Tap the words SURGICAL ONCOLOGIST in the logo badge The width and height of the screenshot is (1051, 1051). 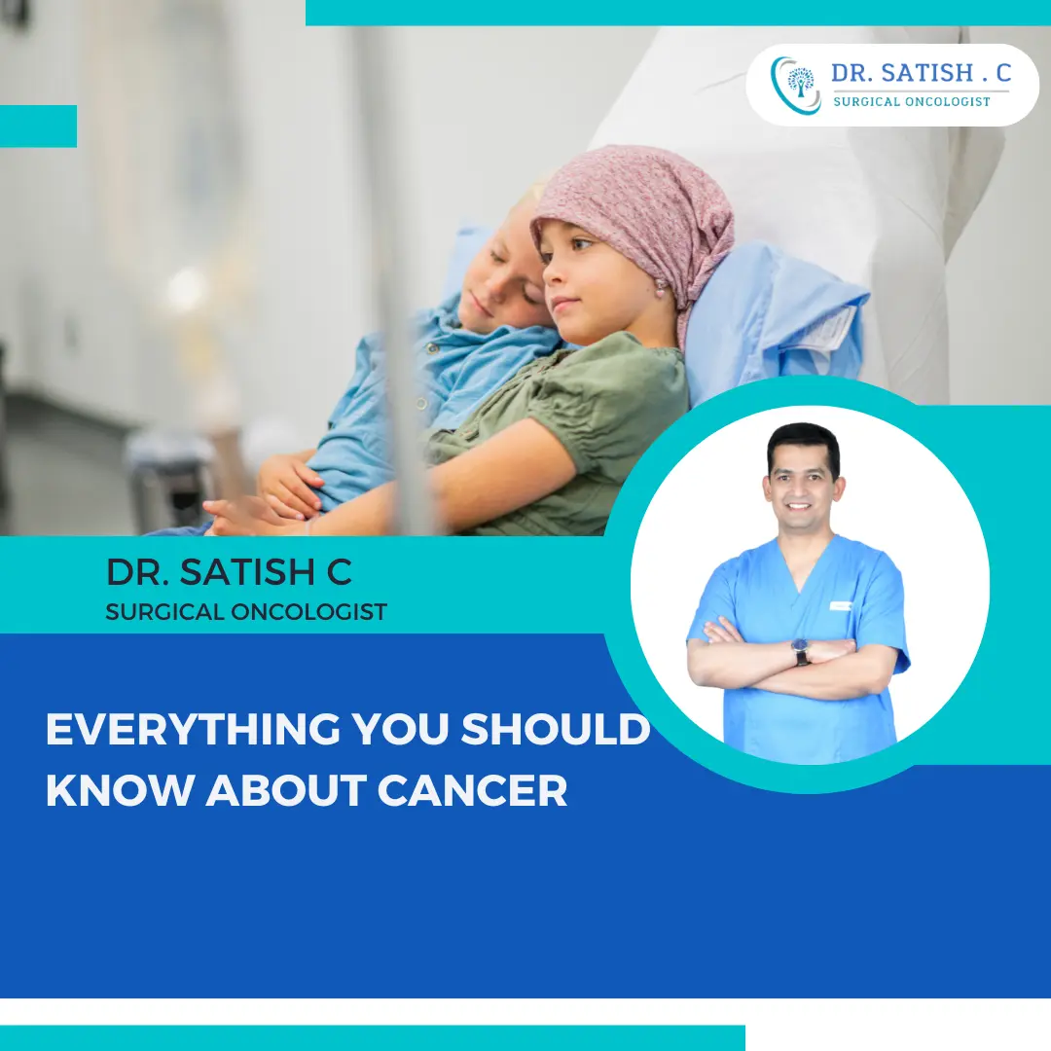[x=912, y=101]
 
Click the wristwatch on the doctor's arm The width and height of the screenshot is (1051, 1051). [x=801, y=651]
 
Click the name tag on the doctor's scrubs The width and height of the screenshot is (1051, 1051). [x=841, y=605]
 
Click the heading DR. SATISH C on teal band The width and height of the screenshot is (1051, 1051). [x=229, y=572]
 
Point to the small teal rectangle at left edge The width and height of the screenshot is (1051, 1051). [x=38, y=127]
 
